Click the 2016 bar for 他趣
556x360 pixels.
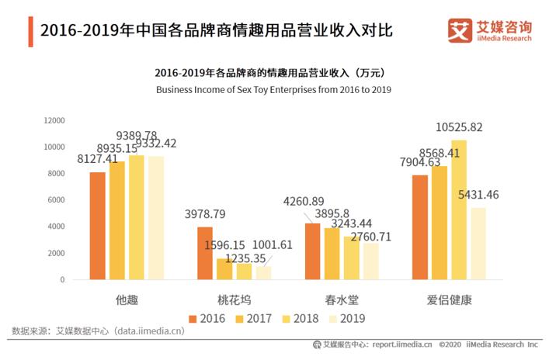[x=97, y=225]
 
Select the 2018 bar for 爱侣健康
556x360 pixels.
[x=459, y=209]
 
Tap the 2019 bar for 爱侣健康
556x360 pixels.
[x=478, y=243]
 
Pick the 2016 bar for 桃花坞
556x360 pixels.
[x=205, y=253]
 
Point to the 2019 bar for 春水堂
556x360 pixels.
[x=371, y=261]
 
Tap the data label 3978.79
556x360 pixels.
[x=205, y=214]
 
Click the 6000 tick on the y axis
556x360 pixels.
[x=56, y=200]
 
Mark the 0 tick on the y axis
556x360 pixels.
[x=62, y=280]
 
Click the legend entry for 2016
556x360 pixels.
[x=207, y=318]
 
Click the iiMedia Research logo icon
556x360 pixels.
[x=460, y=30]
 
